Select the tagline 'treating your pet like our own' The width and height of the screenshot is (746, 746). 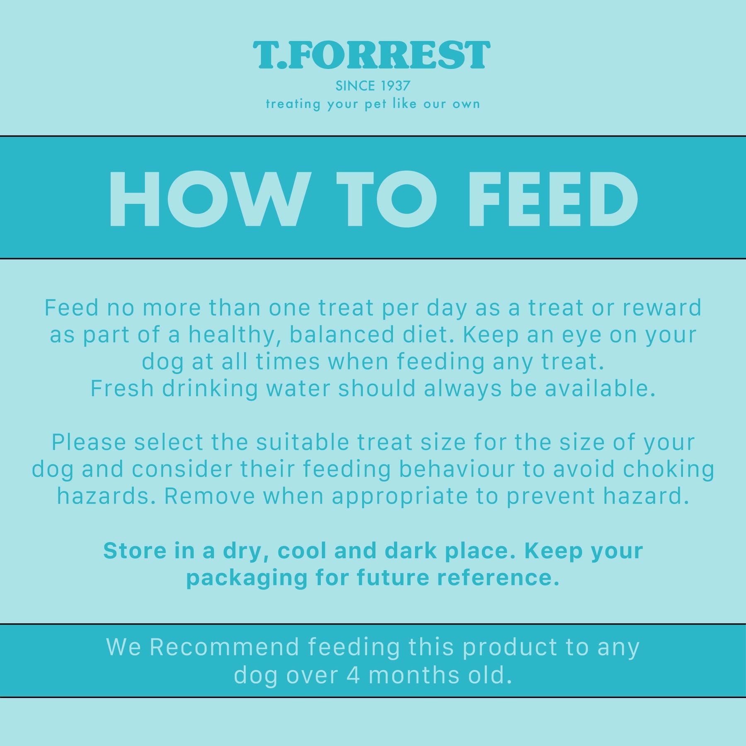click(x=373, y=104)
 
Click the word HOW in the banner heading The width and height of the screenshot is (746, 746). click(x=210, y=199)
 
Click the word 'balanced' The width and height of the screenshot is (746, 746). click(x=342, y=334)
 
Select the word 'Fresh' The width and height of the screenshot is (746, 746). click(x=122, y=388)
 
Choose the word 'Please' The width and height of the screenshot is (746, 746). click(x=89, y=442)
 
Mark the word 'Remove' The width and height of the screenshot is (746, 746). click(x=210, y=496)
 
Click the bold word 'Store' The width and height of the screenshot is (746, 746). click(x=135, y=551)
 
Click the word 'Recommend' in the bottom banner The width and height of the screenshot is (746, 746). click(x=224, y=647)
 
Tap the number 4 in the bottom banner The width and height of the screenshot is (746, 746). click(x=353, y=676)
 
